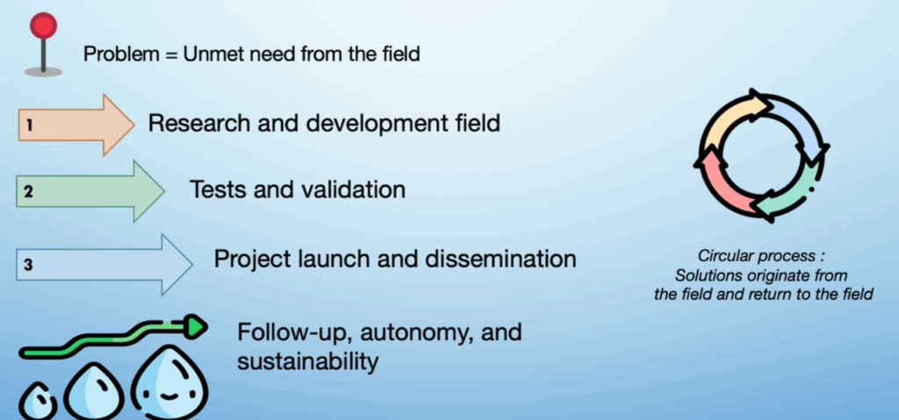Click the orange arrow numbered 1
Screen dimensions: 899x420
[76, 125]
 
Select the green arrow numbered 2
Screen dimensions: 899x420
[90, 191]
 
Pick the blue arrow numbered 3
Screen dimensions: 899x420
[104, 265]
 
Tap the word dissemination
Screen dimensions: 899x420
[500, 259]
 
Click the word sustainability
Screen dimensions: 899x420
[308, 362]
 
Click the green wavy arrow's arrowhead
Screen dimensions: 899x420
[195, 326]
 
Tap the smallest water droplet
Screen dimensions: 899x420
[38, 401]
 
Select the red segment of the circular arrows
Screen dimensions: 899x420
[723, 183]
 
